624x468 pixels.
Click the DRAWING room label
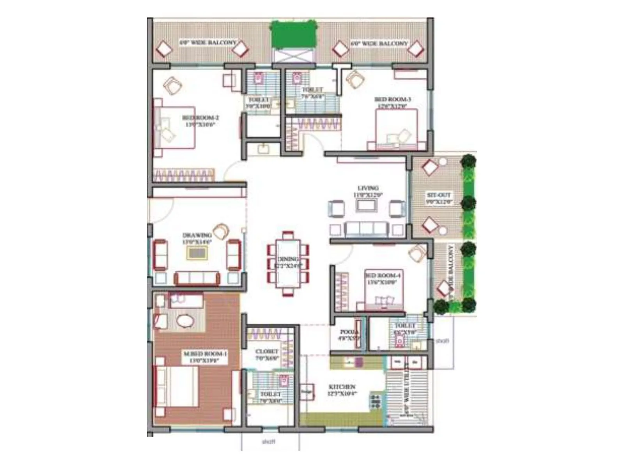click(x=197, y=235)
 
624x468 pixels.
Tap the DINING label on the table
click(x=288, y=259)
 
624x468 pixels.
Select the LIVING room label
click(x=368, y=188)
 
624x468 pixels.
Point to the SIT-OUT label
click(x=439, y=195)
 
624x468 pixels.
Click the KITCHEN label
click(x=342, y=387)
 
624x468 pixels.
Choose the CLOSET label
click(x=267, y=351)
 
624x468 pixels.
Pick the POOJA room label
click(x=347, y=332)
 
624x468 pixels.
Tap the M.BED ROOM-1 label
click(x=205, y=354)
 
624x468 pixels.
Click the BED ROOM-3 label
click(x=392, y=99)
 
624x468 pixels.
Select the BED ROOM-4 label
click(x=383, y=275)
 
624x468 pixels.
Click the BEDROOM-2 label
click(x=200, y=118)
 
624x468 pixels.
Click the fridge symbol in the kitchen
click(x=306, y=392)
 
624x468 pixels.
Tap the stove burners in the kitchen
click(x=375, y=401)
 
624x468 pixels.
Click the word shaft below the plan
click(x=268, y=441)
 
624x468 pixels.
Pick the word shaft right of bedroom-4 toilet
click(x=442, y=341)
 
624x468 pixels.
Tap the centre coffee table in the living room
click(x=367, y=205)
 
